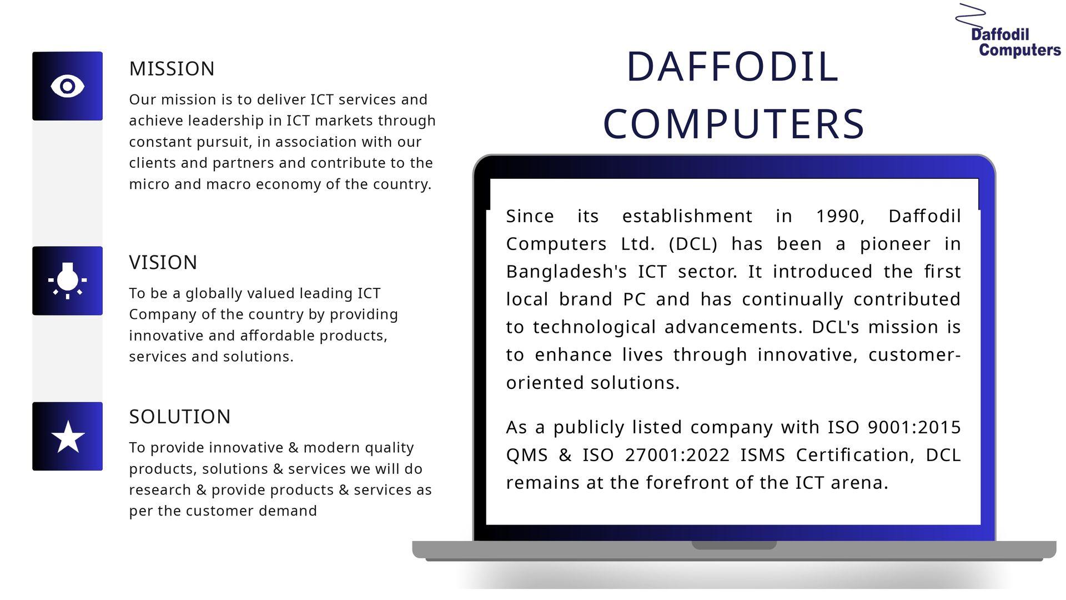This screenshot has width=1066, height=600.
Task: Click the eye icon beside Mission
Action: point(67,86)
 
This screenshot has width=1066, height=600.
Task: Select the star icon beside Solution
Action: point(68,437)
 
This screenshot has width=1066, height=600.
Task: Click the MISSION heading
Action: point(172,69)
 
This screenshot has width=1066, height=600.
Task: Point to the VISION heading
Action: point(163,262)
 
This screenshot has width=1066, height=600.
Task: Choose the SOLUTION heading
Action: point(180,417)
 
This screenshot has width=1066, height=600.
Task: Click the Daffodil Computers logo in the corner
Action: point(1009,31)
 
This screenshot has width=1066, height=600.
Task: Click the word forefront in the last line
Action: point(688,483)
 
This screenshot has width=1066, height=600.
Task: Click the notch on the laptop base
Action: point(734,545)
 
